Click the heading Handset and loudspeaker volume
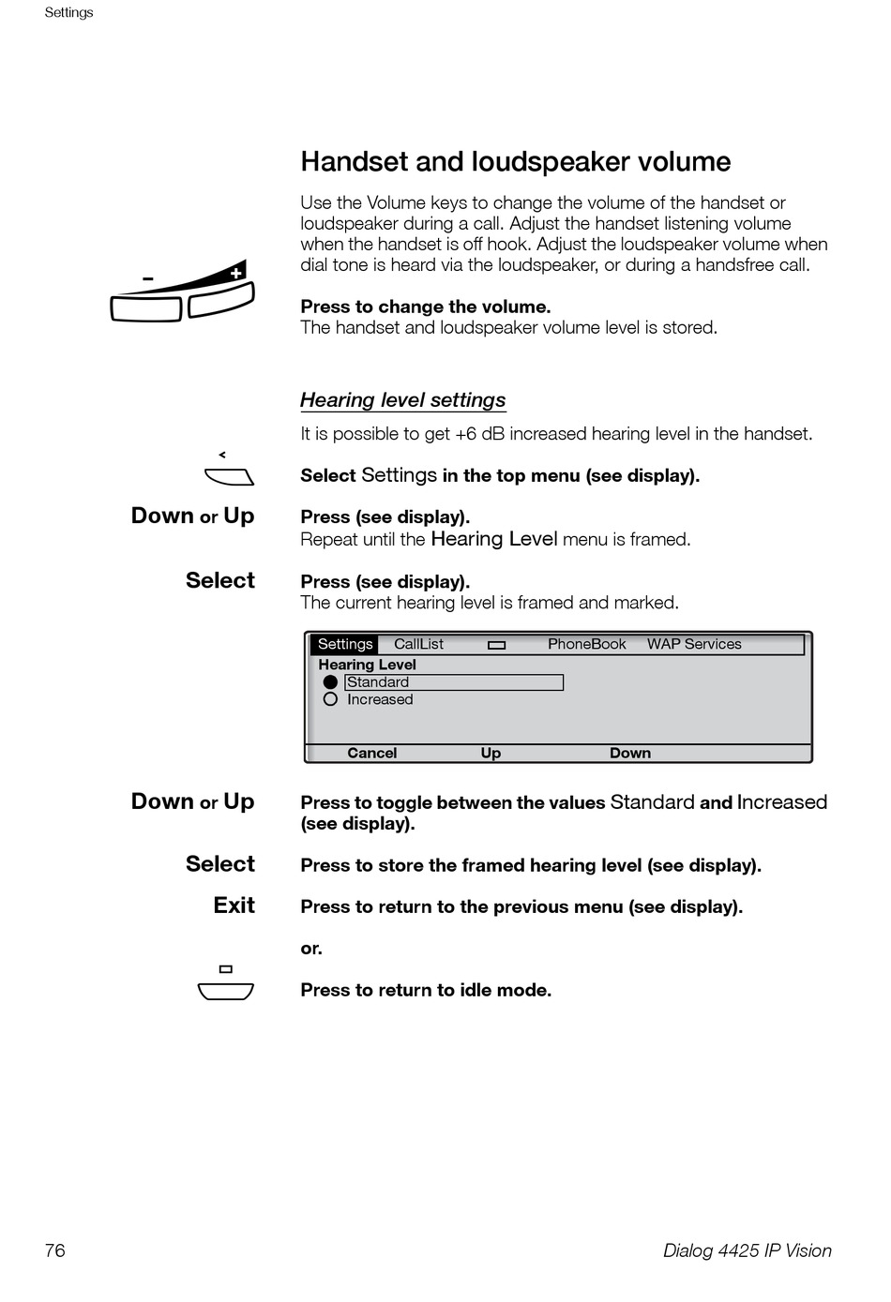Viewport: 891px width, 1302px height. pyautogui.click(x=515, y=162)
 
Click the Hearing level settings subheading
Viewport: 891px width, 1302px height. pyautogui.click(x=402, y=400)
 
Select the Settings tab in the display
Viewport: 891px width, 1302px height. pyautogui.click(x=344, y=644)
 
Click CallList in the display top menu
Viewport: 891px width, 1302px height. pyautogui.click(x=418, y=644)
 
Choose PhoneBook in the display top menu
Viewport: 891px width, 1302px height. pyautogui.click(x=586, y=644)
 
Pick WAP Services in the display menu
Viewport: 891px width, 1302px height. pyautogui.click(x=693, y=644)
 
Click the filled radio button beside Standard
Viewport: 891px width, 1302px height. pyautogui.click(x=330, y=682)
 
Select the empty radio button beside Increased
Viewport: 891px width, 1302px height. pyautogui.click(x=330, y=699)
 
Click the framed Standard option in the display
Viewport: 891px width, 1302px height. pyautogui.click(x=454, y=682)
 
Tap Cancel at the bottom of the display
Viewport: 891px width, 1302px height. pyautogui.click(x=371, y=753)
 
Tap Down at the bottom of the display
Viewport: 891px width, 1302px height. pyautogui.click(x=629, y=753)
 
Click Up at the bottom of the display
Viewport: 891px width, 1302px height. pyautogui.click(x=491, y=753)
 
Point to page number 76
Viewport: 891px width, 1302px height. pyautogui.click(x=55, y=1250)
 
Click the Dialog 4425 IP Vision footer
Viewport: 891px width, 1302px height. pyautogui.click(x=747, y=1250)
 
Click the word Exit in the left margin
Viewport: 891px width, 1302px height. pyautogui.click(x=234, y=905)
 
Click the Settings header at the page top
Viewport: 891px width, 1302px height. pyautogui.click(x=68, y=12)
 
